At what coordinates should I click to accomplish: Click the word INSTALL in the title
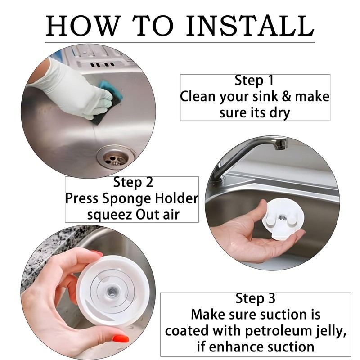click(250, 26)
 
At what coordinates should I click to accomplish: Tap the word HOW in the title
click(83, 26)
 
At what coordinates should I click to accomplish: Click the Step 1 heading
click(254, 81)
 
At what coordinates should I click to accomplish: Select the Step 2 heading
click(133, 183)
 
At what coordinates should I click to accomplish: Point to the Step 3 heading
click(255, 298)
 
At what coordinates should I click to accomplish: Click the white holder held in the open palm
click(283, 219)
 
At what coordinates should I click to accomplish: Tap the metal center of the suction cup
click(112, 292)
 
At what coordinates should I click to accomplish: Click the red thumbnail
click(120, 338)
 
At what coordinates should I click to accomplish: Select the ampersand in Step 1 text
click(286, 96)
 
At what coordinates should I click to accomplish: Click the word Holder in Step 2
click(176, 198)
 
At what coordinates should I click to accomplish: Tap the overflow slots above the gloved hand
click(102, 64)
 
